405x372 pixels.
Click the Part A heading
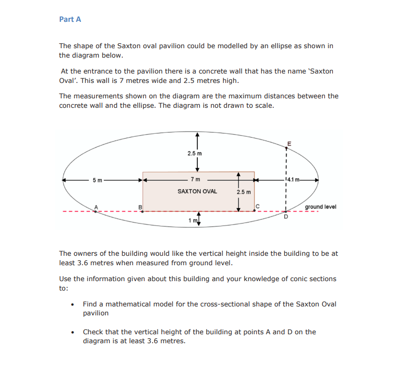coord(70,19)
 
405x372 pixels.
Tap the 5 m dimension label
coord(97,179)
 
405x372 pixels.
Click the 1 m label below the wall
coord(192,220)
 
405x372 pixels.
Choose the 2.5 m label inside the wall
coord(243,192)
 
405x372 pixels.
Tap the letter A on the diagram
coord(97,207)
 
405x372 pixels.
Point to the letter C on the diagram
coord(258,207)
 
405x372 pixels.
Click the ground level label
coord(320,207)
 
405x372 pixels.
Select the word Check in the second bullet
coord(93,332)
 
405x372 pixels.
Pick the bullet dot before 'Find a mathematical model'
coord(73,304)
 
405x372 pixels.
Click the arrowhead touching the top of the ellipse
coord(197,135)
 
